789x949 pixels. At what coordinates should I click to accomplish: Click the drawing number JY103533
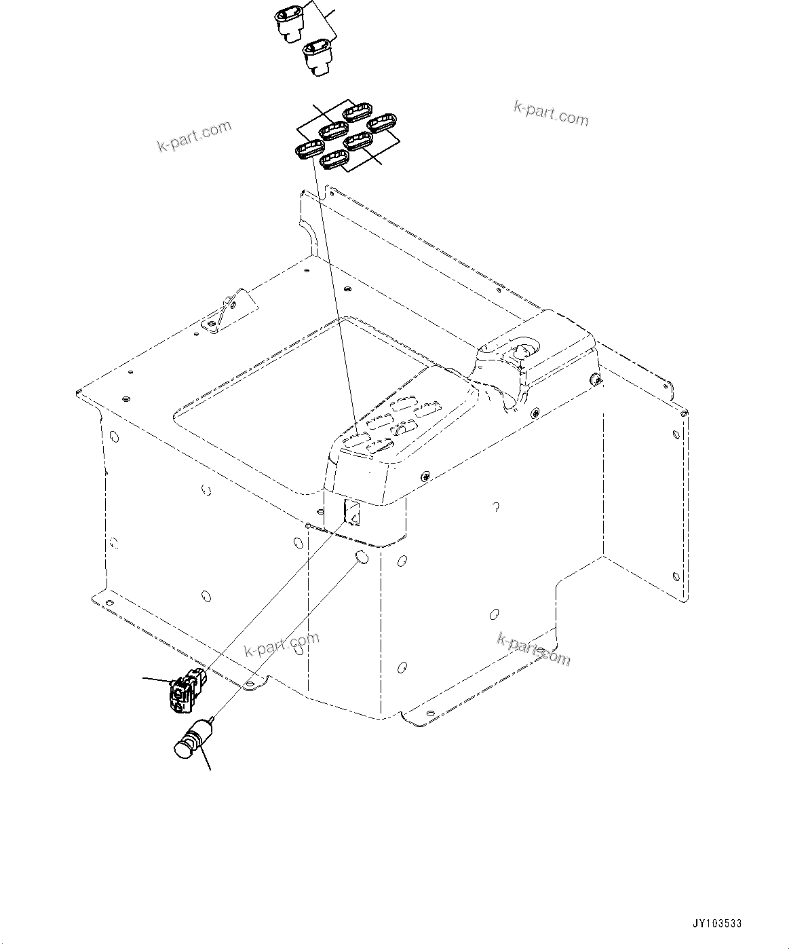716,924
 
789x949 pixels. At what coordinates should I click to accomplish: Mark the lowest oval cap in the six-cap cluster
334,160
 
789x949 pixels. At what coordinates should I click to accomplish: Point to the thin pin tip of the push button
212,718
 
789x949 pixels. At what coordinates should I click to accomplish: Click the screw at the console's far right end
596,379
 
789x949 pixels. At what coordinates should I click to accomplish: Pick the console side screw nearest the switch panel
425,477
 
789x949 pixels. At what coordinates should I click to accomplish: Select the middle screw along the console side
536,411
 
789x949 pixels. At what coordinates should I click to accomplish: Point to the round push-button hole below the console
362,558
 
